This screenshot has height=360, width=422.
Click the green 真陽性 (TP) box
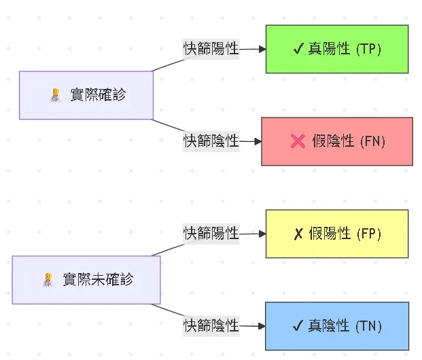point(336,49)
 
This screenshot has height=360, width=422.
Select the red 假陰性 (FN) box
point(336,141)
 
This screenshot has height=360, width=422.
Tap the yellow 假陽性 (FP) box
point(336,234)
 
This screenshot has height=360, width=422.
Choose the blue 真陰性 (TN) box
point(336,326)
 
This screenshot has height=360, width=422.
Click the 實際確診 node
point(86,95)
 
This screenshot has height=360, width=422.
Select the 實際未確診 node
point(86,279)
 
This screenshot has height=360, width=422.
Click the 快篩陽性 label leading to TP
point(211,49)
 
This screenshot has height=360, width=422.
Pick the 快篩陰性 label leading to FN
point(211,141)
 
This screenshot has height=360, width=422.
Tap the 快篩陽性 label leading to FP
point(211,234)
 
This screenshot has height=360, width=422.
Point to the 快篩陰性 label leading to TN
point(211,326)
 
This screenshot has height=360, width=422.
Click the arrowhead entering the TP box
point(261,49)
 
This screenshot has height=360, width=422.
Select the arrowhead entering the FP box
point(261,234)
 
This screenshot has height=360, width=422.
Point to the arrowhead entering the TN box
point(261,326)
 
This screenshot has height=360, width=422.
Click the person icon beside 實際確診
point(56,95)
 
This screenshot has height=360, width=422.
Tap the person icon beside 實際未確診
point(48,279)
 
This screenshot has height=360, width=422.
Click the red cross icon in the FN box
point(298,141)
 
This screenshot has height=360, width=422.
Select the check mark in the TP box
point(298,49)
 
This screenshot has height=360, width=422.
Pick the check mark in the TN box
point(298,326)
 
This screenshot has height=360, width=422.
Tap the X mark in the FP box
point(298,234)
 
